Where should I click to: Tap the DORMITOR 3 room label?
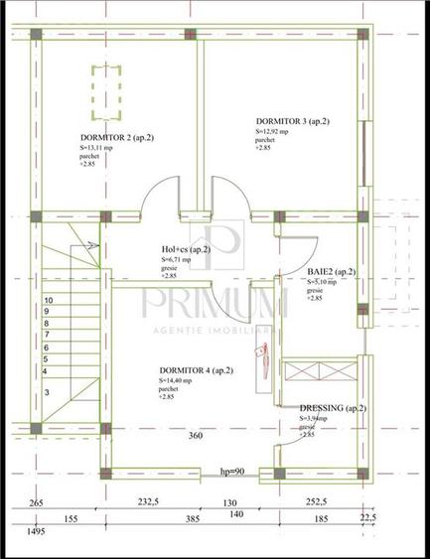pos(292,121)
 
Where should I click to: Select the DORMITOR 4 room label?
pos(196,370)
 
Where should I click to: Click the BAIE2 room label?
pos(331,271)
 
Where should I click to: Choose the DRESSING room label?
pos(333,408)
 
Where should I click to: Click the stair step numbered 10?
pos(47,299)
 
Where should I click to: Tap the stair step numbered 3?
pos(47,393)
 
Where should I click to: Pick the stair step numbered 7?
pos(47,335)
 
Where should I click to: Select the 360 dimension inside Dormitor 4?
pos(196,436)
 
